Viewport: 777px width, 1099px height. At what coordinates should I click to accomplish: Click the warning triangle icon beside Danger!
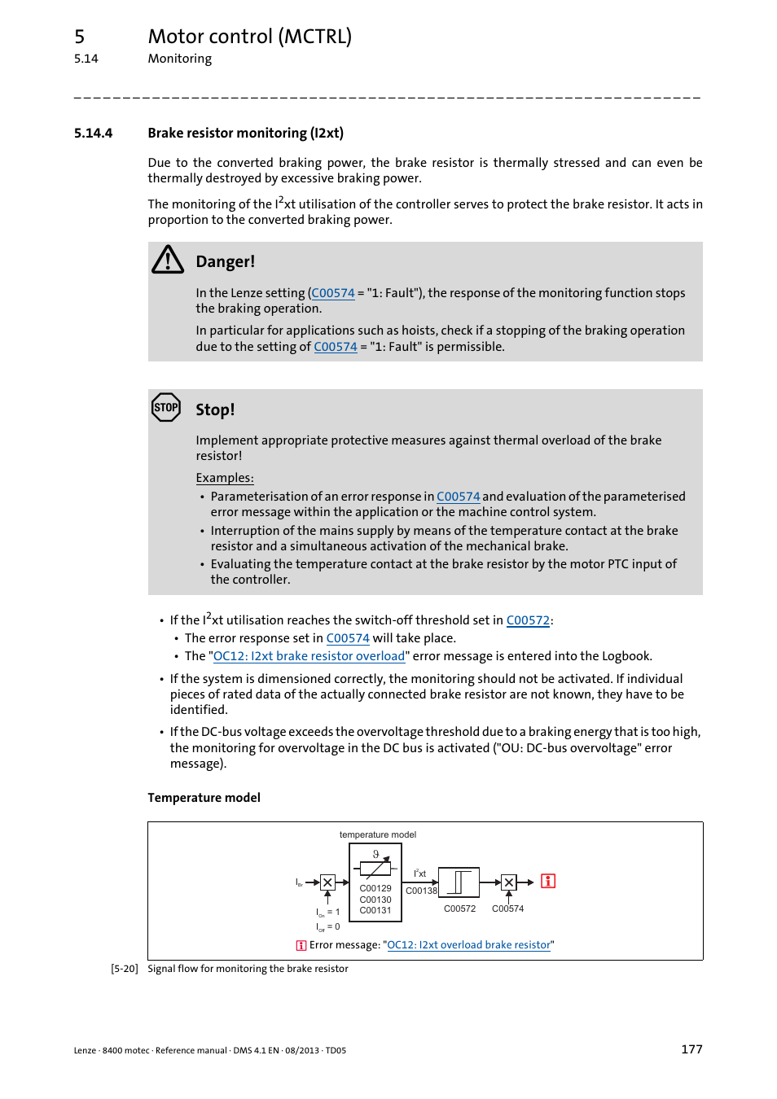[x=168, y=260]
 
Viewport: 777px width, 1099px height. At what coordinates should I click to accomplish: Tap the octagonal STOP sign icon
[x=166, y=407]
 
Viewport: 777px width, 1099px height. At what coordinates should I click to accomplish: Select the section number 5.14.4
[x=93, y=133]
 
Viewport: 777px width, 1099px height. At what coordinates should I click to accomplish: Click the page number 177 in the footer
[x=691, y=1049]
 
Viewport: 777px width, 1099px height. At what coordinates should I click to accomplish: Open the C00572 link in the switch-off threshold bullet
[x=528, y=620]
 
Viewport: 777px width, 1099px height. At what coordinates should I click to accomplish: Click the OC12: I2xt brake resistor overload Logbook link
[x=309, y=656]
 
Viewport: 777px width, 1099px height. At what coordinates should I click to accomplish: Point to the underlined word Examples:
[x=225, y=478]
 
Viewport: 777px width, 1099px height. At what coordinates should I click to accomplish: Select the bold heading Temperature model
[x=204, y=798]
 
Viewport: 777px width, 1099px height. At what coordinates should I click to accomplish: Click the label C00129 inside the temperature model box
[x=375, y=888]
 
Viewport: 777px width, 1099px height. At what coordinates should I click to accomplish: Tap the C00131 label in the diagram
[x=375, y=910]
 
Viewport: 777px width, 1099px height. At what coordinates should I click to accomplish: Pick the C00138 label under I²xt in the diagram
[x=421, y=891]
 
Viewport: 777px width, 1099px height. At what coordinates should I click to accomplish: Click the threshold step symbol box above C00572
[x=459, y=882]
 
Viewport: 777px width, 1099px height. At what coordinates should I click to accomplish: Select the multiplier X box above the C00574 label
[x=509, y=882]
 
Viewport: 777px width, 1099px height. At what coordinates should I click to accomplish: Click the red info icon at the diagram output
[x=548, y=882]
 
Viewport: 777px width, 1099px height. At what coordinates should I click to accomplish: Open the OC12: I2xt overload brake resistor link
[x=468, y=945]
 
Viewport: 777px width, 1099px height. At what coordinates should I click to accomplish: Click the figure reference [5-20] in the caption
[x=125, y=969]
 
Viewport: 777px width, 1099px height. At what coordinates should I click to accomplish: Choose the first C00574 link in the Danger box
[x=333, y=293]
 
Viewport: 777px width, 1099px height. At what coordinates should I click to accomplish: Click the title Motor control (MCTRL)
[x=249, y=37]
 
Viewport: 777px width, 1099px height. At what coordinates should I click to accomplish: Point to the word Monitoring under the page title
[x=179, y=59]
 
